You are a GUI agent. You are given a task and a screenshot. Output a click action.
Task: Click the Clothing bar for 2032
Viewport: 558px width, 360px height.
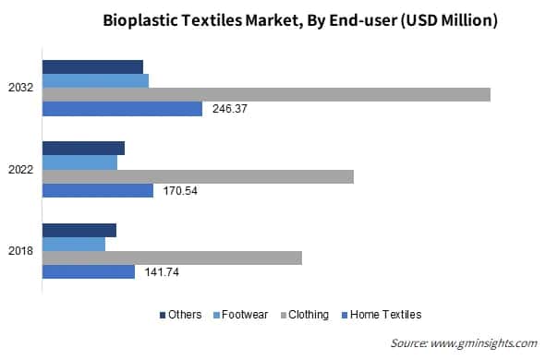pos(266,94)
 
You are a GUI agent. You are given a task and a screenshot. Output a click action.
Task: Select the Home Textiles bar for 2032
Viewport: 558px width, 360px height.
pos(122,109)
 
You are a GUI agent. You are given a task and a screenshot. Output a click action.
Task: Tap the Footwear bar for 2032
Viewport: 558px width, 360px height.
pos(95,80)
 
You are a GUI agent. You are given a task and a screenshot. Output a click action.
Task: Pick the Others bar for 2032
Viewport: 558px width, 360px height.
pos(92,66)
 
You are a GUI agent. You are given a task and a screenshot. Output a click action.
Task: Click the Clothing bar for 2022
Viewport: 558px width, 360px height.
pos(198,176)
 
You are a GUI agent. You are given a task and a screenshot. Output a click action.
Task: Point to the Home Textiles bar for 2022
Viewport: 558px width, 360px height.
pos(98,191)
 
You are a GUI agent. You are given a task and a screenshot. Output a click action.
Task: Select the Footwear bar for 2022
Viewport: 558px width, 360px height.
pos(79,162)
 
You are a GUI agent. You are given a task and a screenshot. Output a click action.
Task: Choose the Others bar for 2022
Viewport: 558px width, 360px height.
pos(83,148)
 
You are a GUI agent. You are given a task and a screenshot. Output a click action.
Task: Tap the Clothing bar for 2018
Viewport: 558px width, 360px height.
pos(172,258)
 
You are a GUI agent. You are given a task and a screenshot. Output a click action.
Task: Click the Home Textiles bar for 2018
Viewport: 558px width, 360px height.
pos(89,272)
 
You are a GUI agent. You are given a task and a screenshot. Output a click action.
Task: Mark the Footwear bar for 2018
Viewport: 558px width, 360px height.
pos(74,245)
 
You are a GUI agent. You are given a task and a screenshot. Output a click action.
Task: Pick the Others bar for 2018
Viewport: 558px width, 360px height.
pos(79,230)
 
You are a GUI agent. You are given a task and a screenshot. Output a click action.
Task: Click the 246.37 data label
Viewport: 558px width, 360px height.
pos(231,109)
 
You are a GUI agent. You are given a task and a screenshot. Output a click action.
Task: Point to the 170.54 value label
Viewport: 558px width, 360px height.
pos(179,191)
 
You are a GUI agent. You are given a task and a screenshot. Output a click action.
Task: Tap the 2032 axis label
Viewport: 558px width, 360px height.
pos(21,88)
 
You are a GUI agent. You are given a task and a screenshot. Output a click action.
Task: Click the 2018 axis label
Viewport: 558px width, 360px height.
pos(21,251)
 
